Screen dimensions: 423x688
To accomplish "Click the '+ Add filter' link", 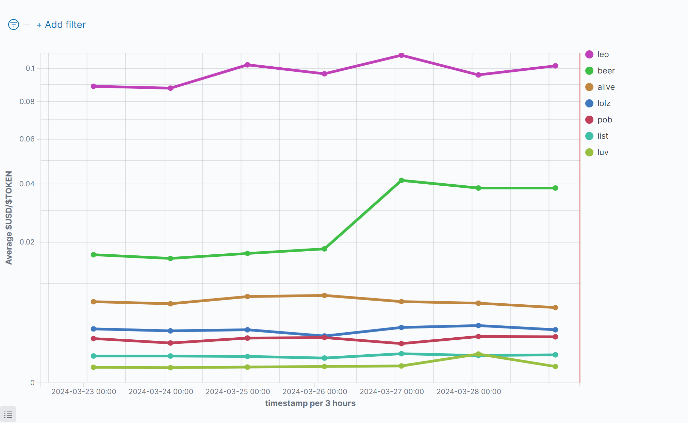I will coord(61,25).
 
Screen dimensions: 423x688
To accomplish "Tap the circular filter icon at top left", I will coord(14,24).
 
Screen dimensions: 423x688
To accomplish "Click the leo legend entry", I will coord(603,54).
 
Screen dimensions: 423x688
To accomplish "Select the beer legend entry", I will coord(606,71).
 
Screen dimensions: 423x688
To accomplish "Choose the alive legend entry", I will coord(606,87).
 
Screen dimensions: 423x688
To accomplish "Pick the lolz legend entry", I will coord(604,103).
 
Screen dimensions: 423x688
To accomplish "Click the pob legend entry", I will coord(604,120).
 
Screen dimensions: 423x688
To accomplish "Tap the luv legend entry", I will coord(603,152).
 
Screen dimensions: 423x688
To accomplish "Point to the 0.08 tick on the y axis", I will coord(27,102).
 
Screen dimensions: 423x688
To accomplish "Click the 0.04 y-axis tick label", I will coord(27,184).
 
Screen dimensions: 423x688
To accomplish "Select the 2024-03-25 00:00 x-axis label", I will coord(238,392).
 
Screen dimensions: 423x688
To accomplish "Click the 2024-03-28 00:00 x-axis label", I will coord(469,392).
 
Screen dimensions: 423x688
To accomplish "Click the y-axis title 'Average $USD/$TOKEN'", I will coord(9,218).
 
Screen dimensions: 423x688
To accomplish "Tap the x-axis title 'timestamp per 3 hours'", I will coord(310,403).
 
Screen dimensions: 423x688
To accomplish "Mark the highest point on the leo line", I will coord(402,55).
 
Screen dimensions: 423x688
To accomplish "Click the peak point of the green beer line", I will coord(402,181).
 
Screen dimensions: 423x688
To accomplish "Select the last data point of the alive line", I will coord(555,308).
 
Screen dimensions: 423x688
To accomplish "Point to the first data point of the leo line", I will coord(94,86).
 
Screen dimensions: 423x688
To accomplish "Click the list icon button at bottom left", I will coord(8,414).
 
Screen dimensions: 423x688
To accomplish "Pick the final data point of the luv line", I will coord(555,367).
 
